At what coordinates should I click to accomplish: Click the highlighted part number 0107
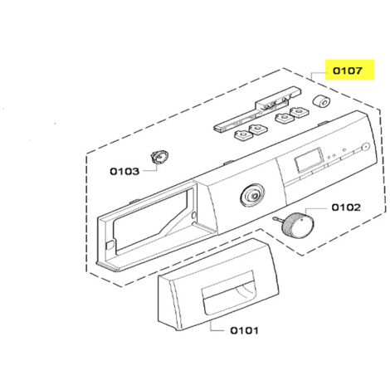(x=347, y=71)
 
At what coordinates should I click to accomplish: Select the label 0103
(x=124, y=172)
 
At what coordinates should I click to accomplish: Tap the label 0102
(x=346, y=207)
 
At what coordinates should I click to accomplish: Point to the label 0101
(x=244, y=330)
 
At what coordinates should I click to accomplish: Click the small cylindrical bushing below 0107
(x=321, y=101)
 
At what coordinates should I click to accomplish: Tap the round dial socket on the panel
(x=252, y=195)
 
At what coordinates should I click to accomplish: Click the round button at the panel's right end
(x=366, y=147)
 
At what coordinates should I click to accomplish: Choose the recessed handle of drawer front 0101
(x=229, y=291)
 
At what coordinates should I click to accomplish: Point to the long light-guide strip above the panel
(x=257, y=109)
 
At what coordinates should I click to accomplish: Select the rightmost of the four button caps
(x=299, y=113)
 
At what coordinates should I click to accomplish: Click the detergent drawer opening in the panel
(x=151, y=218)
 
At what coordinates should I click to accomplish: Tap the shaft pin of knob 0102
(x=278, y=220)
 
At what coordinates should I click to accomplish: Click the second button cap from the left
(x=258, y=129)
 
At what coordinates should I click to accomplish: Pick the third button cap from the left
(x=284, y=118)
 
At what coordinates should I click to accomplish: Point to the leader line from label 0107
(x=317, y=74)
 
